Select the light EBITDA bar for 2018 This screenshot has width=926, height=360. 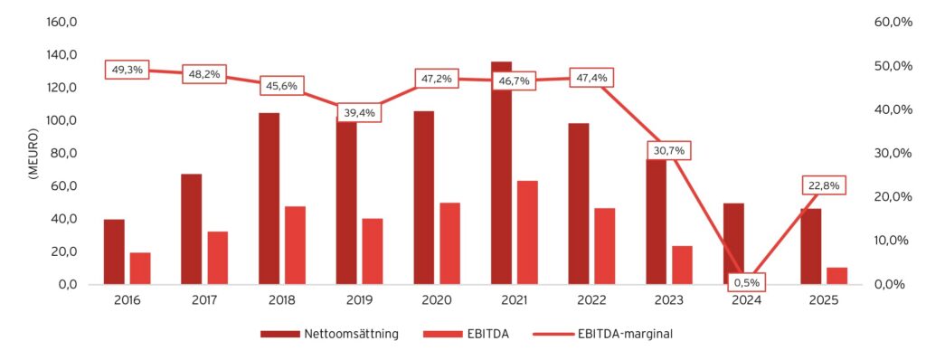(x=295, y=245)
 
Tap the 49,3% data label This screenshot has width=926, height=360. (x=128, y=70)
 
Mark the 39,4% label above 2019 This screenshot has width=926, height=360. (x=359, y=113)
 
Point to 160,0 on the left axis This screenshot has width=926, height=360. (x=71, y=23)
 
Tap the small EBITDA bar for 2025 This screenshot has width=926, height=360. (x=836, y=275)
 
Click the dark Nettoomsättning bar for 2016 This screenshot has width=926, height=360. (x=114, y=251)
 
